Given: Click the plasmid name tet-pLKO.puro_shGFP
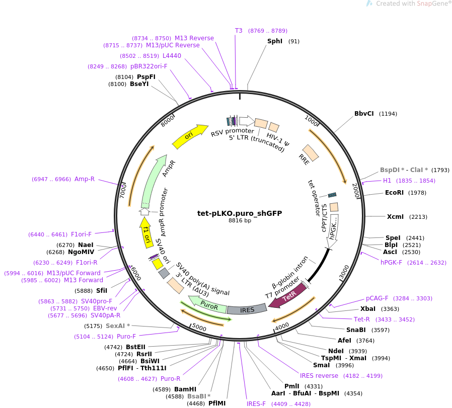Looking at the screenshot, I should point(240,213).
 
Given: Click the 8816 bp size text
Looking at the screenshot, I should point(240,220).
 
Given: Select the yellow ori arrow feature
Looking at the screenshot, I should point(190,136).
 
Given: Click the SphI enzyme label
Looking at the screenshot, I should point(275,41).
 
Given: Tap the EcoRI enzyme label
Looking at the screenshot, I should point(394,192).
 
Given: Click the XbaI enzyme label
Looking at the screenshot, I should point(368,309).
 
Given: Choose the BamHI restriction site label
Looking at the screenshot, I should point(185,389).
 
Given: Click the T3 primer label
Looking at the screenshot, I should point(239,31).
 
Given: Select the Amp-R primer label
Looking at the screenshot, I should point(85,179).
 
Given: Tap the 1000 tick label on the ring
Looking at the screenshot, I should point(312,121).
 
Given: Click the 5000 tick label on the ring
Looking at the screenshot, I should point(199,328).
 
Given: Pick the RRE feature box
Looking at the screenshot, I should point(310,153).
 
